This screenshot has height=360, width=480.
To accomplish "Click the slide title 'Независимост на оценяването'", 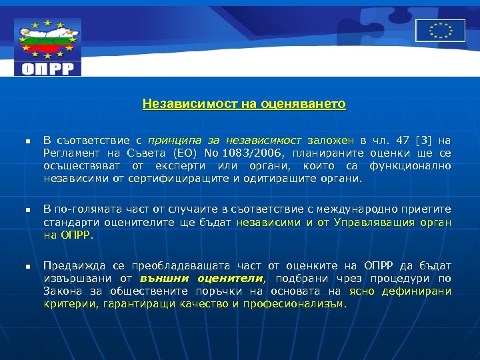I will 244,104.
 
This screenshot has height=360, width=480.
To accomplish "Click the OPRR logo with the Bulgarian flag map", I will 48,47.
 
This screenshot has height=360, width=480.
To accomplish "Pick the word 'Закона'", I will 62,291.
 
